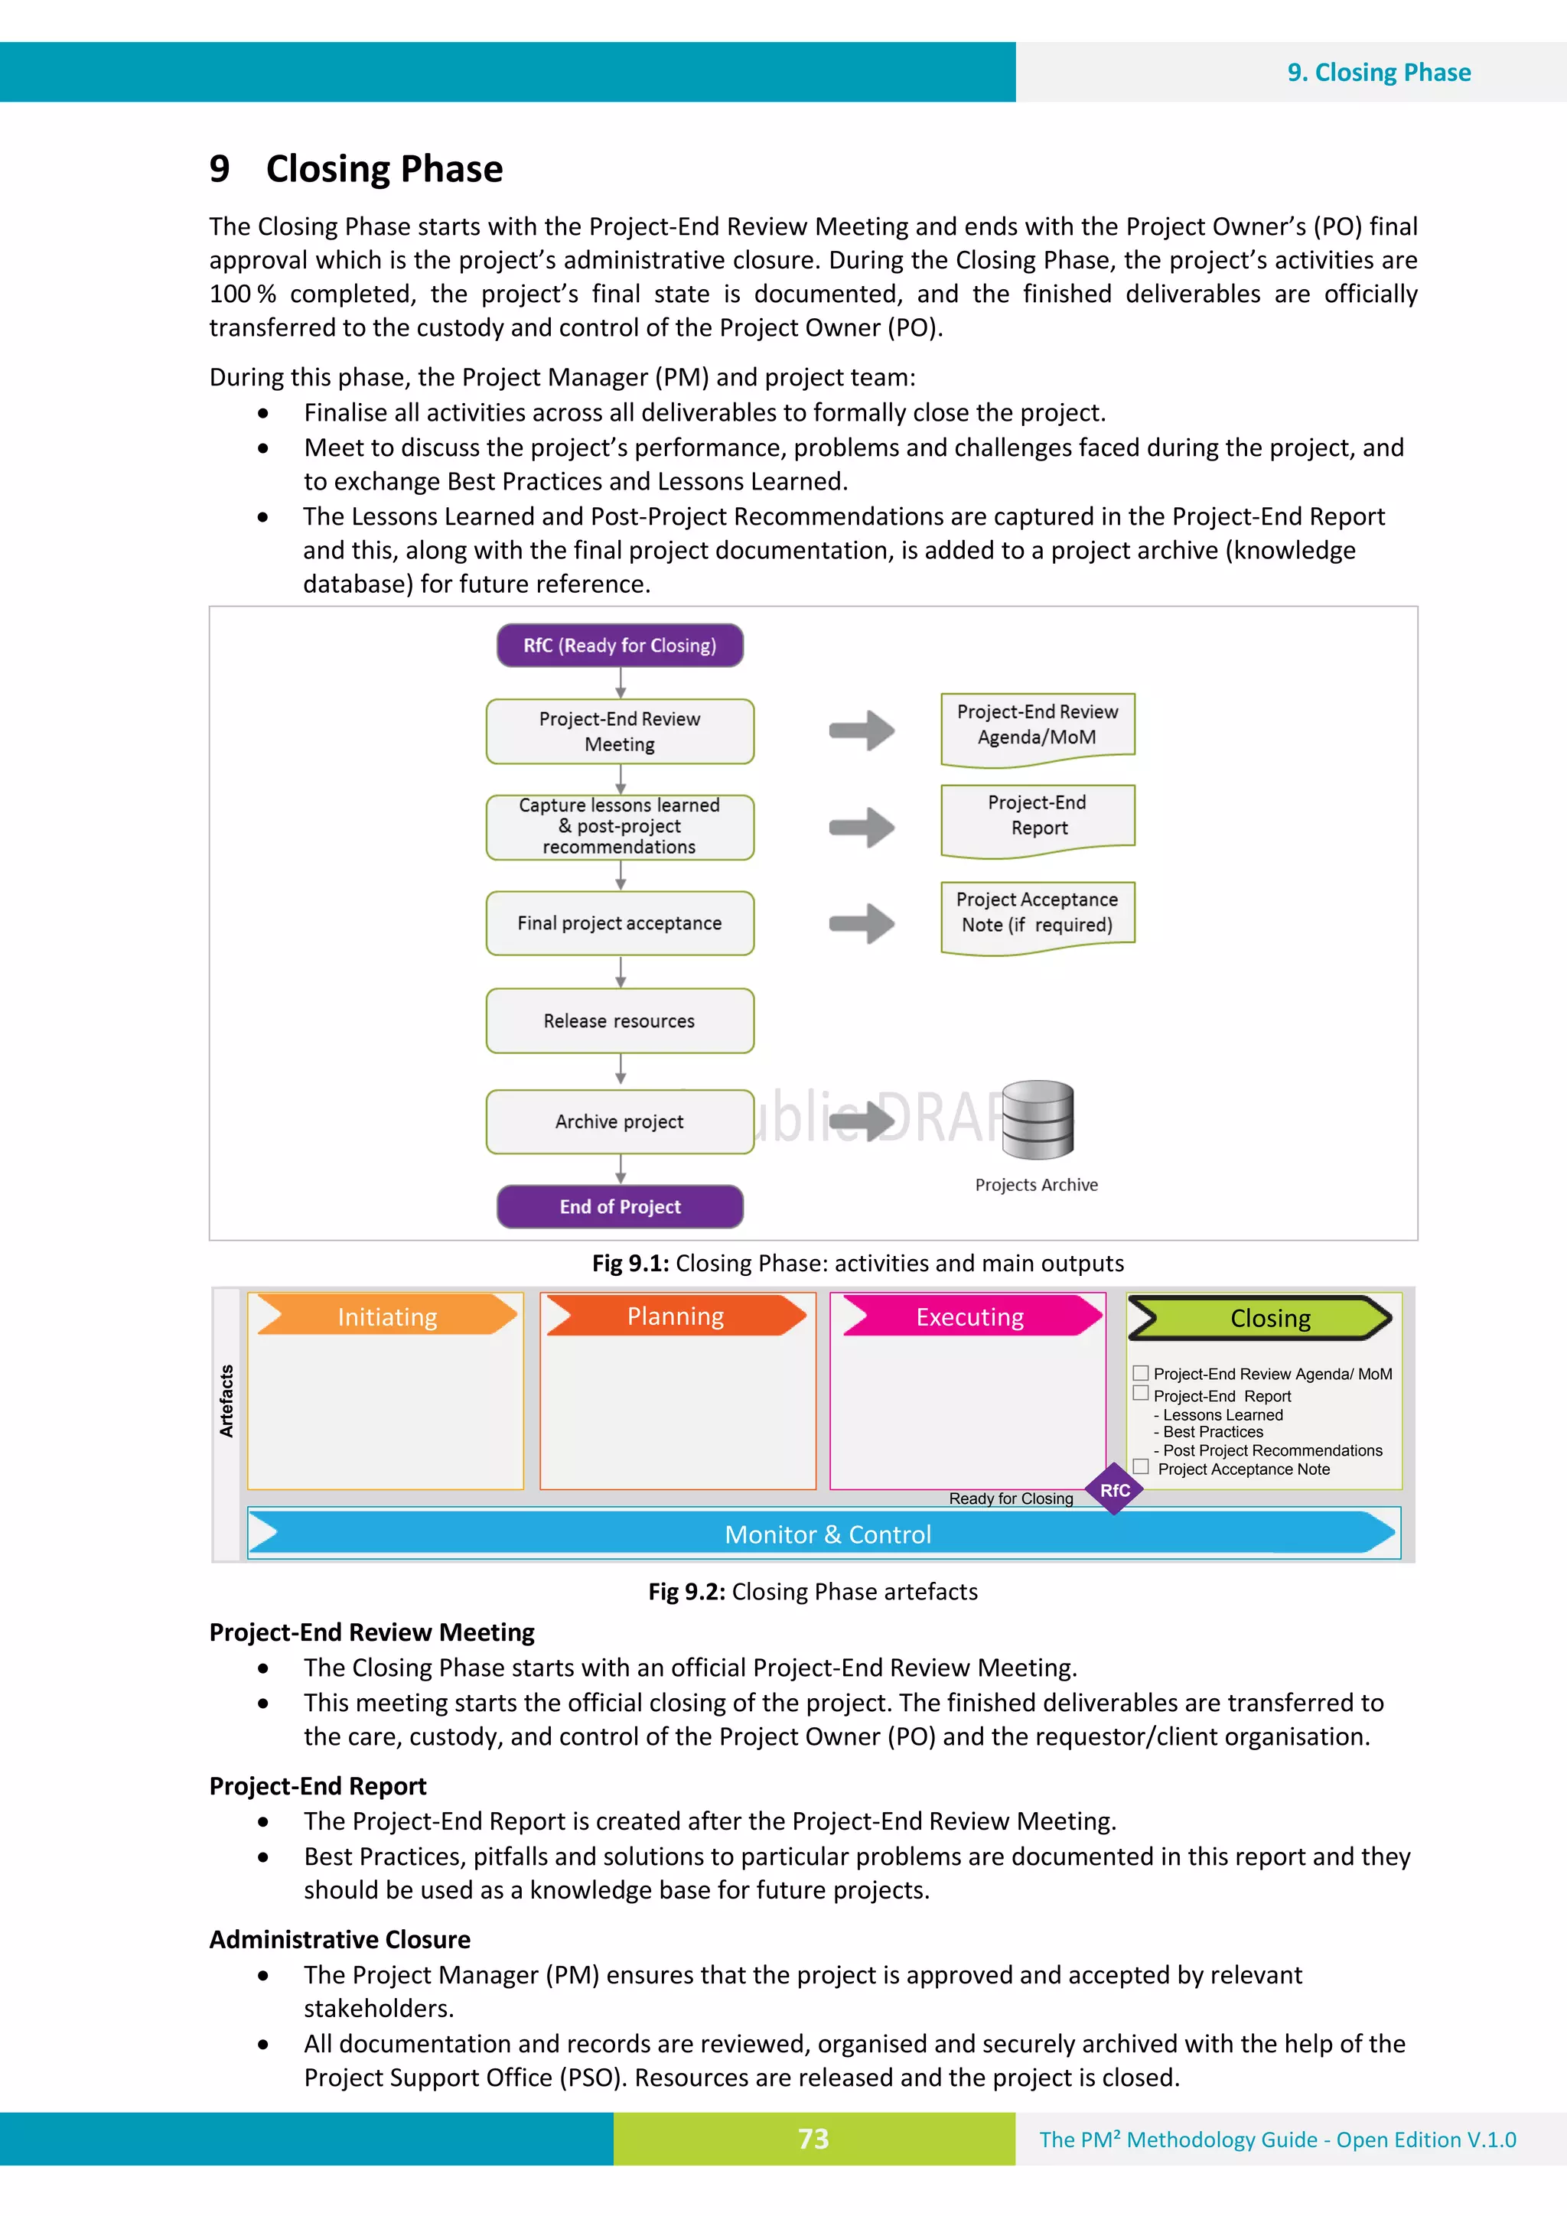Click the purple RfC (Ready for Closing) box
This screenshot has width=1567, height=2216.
coord(620,645)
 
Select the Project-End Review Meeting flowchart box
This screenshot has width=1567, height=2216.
coord(620,731)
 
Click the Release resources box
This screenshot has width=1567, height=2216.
coord(620,1020)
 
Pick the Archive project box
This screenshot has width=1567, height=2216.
coord(620,1121)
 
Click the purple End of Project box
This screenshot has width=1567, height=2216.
coord(620,1206)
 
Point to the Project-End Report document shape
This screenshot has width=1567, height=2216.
coord(1038,818)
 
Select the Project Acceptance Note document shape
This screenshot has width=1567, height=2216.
coord(1038,913)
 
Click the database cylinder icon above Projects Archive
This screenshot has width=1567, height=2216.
coord(1038,1120)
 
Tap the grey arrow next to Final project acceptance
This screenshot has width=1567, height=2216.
coord(862,924)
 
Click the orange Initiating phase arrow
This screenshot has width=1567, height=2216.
coord(387,1316)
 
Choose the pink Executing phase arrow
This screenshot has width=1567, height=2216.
coord(969,1316)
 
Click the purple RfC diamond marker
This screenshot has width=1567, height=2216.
coord(1114,1489)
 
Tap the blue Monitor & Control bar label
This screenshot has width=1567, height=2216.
coord(827,1534)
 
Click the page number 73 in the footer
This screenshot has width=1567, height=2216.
coord(813,2139)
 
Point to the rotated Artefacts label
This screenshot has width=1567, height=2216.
coord(226,1401)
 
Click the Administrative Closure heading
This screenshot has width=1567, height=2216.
coord(340,1939)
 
